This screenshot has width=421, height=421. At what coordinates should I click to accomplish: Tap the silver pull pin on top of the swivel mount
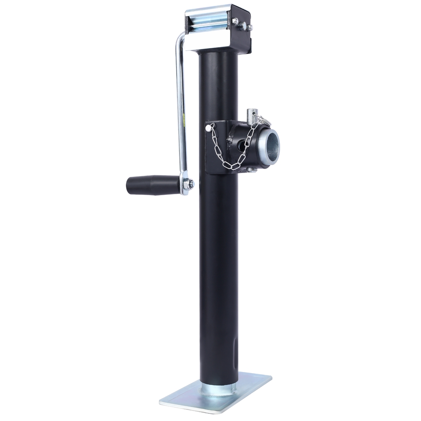pyautogui.click(x=251, y=114)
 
